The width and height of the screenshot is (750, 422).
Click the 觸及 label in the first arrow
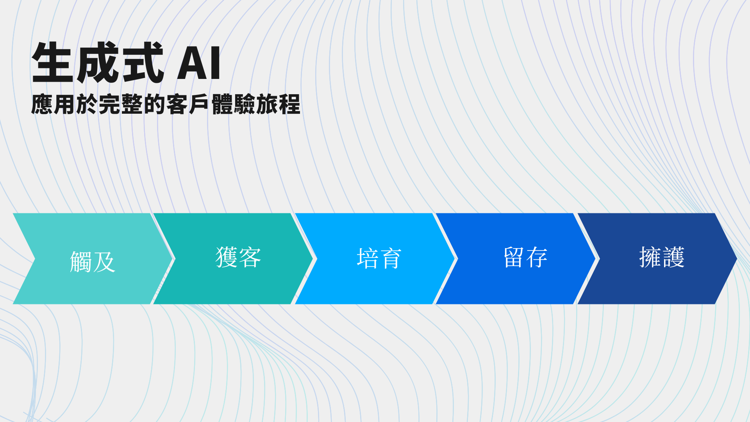pyautogui.click(x=93, y=261)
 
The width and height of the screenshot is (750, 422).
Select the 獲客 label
pyautogui.click(x=238, y=257)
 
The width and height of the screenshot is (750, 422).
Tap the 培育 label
pyautogui.click(x=379, y=258)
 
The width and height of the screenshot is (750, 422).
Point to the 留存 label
pyautogui.click(x=525, y=257)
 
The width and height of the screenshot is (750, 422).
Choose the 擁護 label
pyautogui.click(x=662, y=257)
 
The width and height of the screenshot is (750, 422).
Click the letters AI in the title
pyautogui.click(x=199, y=63)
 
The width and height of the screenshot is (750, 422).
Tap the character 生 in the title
pyautogui.click(x=53, y=63)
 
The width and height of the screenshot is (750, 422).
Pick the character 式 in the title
pyautogui.click(x=143, y=63)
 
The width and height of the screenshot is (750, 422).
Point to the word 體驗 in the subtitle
pyautogui.click(x=233, y=104)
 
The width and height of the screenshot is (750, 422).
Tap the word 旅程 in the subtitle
pyautogui.click(x=278, y=104)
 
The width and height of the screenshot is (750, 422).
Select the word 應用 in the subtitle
pyautogui.click(x=53, y=104)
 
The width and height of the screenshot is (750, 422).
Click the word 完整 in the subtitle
pyautogui.click(x=121, y=104)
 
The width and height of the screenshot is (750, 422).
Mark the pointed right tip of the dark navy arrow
pyautogui.click(x=737, y=259)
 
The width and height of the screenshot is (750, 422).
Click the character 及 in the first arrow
pyautogui.click(x=104, y=261)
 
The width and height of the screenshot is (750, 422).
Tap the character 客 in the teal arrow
pyautogui.click(x=250, y=257)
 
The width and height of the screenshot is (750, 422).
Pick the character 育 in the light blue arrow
pyautogui.click(x=391, y=258)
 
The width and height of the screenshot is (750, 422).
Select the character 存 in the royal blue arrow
pyautogui.click(x=537, y=257)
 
